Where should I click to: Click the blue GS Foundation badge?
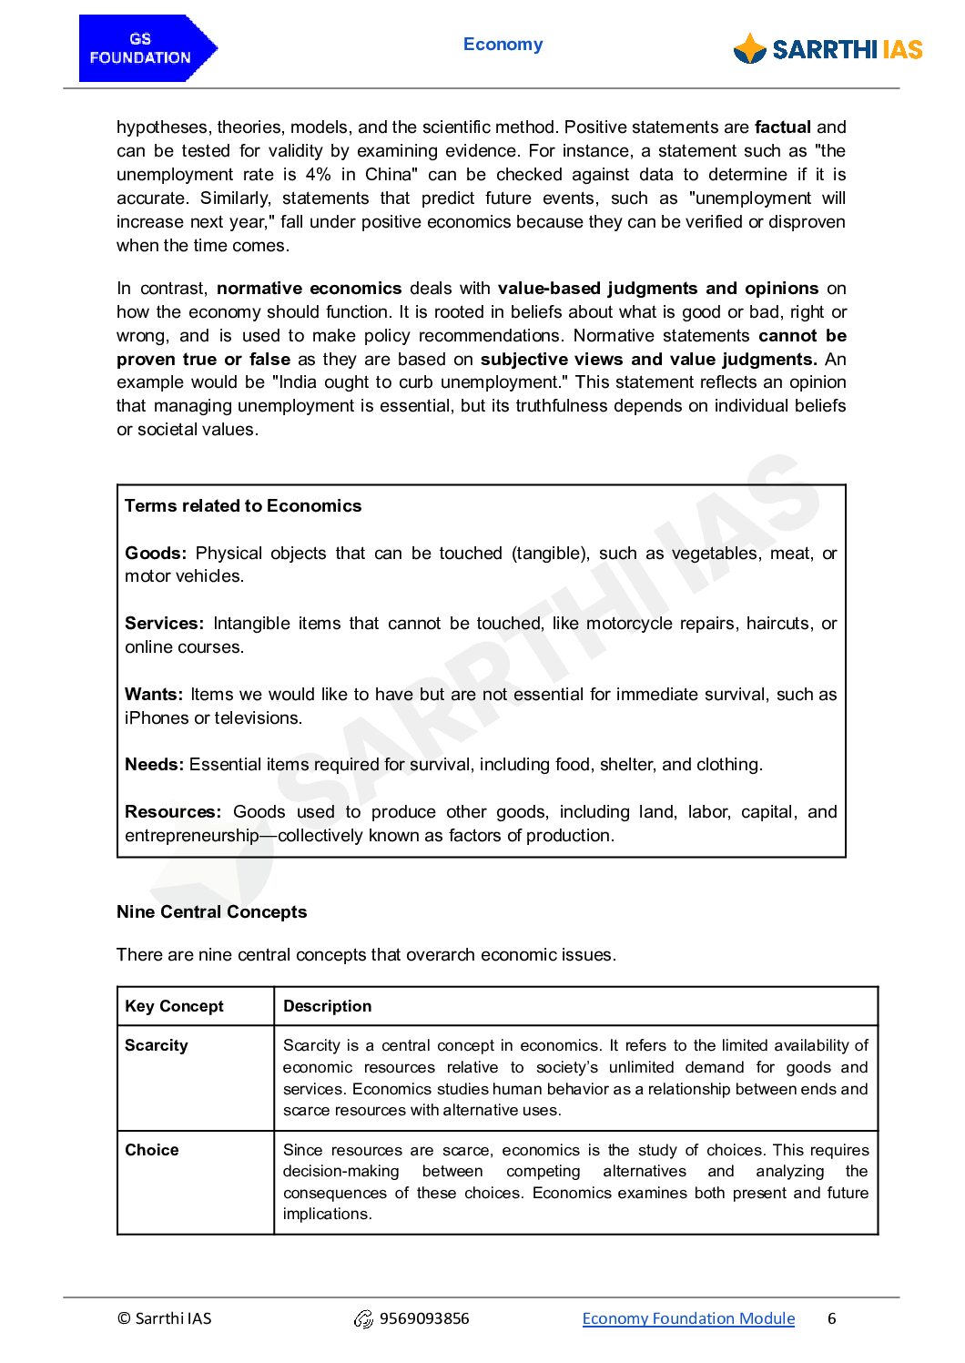pyautogui.click(x=146, y=48)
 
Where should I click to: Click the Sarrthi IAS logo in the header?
pyautogui.click(x=828, y=49)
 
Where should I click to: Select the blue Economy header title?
pyautogui.click(x=503, y=45)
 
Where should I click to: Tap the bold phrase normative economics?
pyautogui.click(x=309, y=289)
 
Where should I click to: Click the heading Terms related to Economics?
pyautogui.click(x=243, y=506)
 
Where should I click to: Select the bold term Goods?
pyautogui.click(x=156, y=554)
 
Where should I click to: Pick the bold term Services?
pyautogui.click(x=164, y=624)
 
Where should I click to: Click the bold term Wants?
pyautogui.click(x=154, y=695)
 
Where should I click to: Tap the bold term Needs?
pyautogui.click(x=154, y=765)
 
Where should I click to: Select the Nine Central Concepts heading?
pyautogui.click(x=211, y=912)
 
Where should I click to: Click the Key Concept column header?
pyautogui.click(x=174, y=1006)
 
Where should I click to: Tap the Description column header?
pyautogui.click(x=327, y=1006)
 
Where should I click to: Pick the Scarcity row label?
pyautogui.click(x=156, y=1045)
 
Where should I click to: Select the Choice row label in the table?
pyautogui.click(x=151, y=1150)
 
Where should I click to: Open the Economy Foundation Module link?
pyautogui.click(x=688, y=1318)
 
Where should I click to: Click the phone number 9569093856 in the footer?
pyautogui.click(x=423, y=1318)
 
